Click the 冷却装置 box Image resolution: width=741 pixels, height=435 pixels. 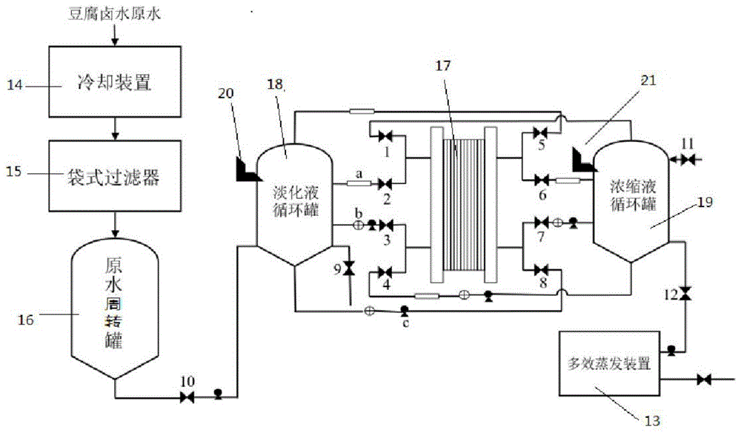(115, 81)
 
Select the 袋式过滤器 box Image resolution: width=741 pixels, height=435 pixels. (115, 175)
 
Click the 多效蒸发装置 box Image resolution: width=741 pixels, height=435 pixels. (609, 363)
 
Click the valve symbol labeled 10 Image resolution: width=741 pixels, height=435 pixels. (187, 398)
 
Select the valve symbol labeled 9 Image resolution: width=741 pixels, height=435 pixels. (350, 269)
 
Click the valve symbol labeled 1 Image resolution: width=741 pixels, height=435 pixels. (385, 136)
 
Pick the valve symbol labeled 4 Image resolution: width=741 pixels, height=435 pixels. (385, 272)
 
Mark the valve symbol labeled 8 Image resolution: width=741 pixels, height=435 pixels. (541, 270)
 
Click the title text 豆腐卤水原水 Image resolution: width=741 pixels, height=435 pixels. (115, 13)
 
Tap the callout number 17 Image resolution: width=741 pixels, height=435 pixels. (443, 66)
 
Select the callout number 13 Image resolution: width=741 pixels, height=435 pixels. (652, 420)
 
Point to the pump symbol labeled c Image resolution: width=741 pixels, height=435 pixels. (404, 311)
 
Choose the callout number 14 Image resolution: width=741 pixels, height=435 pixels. (15, 85)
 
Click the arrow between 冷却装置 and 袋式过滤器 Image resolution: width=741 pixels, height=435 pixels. (115, 129)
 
